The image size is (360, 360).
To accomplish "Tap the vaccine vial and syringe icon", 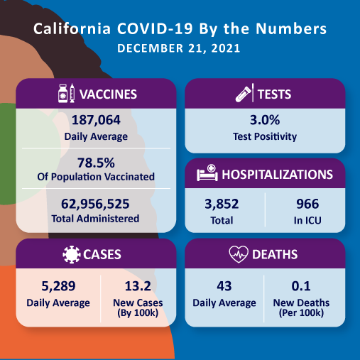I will [x=65, y=94].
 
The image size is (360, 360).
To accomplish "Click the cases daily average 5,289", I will [x=58, y=287].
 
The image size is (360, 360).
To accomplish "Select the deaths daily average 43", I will [x=224, y=287].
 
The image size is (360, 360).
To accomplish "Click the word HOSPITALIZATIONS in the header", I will [x=278, y=174].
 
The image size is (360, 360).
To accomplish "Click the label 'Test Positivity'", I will [x=265, y=136].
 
